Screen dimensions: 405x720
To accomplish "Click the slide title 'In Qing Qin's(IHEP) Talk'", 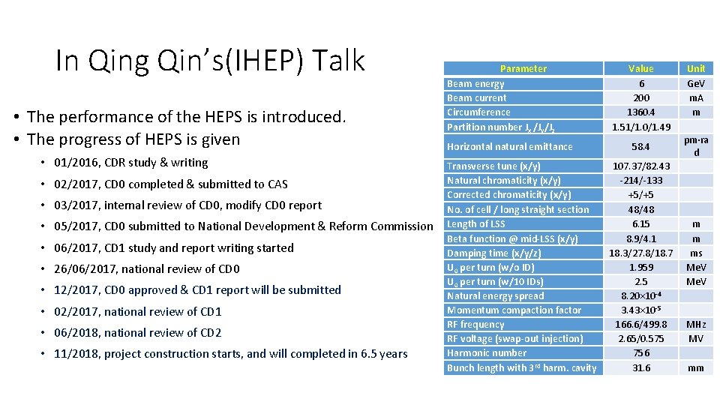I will click(210, 61).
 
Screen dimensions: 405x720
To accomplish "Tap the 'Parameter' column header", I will click(523, 68).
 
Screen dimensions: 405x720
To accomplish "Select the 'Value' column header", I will click(641, 68).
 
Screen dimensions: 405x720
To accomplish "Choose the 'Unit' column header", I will click(696, 68).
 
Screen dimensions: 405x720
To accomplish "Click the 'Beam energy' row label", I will click(475, 84).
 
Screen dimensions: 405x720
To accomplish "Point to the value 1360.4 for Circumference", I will click(641, 112).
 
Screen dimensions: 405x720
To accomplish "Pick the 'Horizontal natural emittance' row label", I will click(509, 146).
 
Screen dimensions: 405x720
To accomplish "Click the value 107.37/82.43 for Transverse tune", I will click(641, 166).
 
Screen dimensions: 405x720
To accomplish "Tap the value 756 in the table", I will click(641, 353).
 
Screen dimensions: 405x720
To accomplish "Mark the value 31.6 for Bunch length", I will click(641, 367).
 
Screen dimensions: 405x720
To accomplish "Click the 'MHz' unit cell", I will click(696, 324).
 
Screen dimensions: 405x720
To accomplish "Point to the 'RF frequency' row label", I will click(475, 324).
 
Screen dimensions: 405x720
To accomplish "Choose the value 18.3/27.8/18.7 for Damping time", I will click(641, 253).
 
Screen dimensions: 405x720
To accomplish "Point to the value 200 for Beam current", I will click(641, 98).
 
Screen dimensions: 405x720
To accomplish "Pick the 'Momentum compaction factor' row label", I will click(514, 310).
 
